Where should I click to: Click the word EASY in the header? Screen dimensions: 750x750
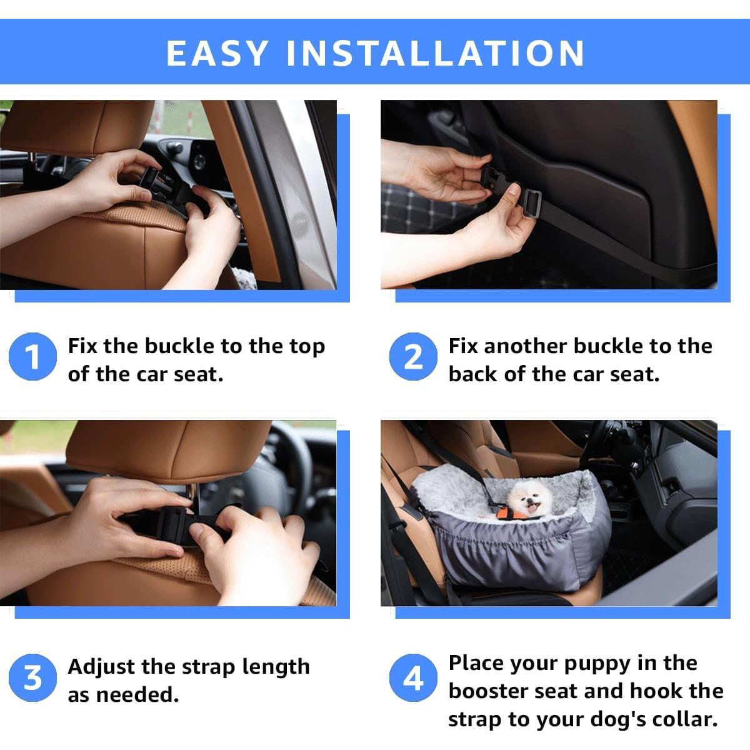(217, 53)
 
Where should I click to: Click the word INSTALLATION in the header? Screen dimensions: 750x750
(435, 53)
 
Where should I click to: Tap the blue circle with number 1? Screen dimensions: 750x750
(32, 357)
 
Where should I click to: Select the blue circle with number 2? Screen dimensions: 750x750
(413, 357)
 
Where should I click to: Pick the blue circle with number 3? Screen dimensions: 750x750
(32, 678)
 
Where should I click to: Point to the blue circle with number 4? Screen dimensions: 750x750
(413, 678)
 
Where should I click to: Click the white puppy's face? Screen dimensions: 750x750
(523, 499)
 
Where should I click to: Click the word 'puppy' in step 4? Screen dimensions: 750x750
(597, 664)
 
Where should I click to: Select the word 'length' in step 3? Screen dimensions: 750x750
(276, 667)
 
